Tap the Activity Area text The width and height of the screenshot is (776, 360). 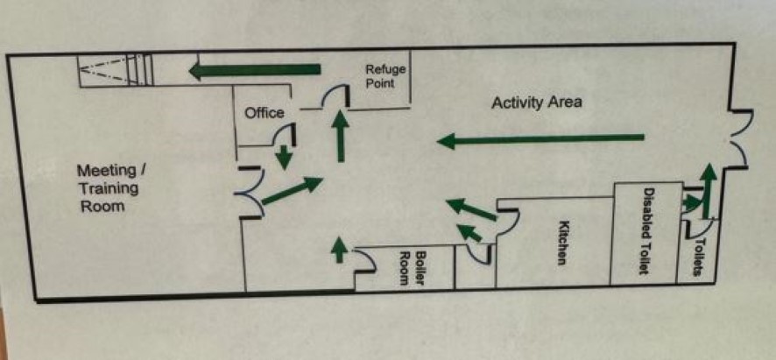(x=536, y=102)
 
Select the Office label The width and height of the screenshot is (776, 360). (x=264, y=113)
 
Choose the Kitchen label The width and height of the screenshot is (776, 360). (x=562, y=242)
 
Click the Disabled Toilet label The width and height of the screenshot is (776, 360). (x=648, y=231)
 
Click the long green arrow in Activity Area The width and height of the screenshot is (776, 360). (x=540, y=139)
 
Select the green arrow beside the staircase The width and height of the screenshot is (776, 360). (x=255, y=70)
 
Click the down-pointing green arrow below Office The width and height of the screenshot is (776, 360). (x=284, y=158)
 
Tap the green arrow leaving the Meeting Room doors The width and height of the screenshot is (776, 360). (x=292, y=191)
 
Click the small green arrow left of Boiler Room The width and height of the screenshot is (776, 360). (x=339, y=251)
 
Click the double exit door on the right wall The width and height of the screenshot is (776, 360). (x=738, y=138)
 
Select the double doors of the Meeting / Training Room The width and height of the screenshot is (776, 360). (x=250, y=194)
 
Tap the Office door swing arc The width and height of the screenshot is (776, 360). (x=283, y=135)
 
